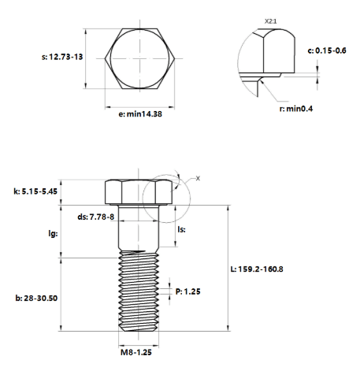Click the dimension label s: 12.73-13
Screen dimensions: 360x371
62,57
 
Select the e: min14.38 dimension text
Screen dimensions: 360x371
140,114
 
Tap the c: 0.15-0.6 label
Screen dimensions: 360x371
327,50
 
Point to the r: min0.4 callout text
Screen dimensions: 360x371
296,109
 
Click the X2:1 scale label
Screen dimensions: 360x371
270,21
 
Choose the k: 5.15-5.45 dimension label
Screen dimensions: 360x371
35,191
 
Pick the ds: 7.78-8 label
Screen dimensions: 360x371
96,217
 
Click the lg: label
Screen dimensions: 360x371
53,233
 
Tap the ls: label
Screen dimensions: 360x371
181,229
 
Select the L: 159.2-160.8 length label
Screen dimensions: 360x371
257,269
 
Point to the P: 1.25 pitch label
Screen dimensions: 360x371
187,291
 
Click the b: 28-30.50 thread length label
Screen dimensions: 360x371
36,299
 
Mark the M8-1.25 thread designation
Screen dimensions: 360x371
136,352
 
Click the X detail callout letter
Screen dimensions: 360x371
198,178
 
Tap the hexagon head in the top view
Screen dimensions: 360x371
139,58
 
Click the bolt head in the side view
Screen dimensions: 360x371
139,192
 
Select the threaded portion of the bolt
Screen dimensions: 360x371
139,291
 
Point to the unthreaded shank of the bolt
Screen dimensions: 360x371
139,228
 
